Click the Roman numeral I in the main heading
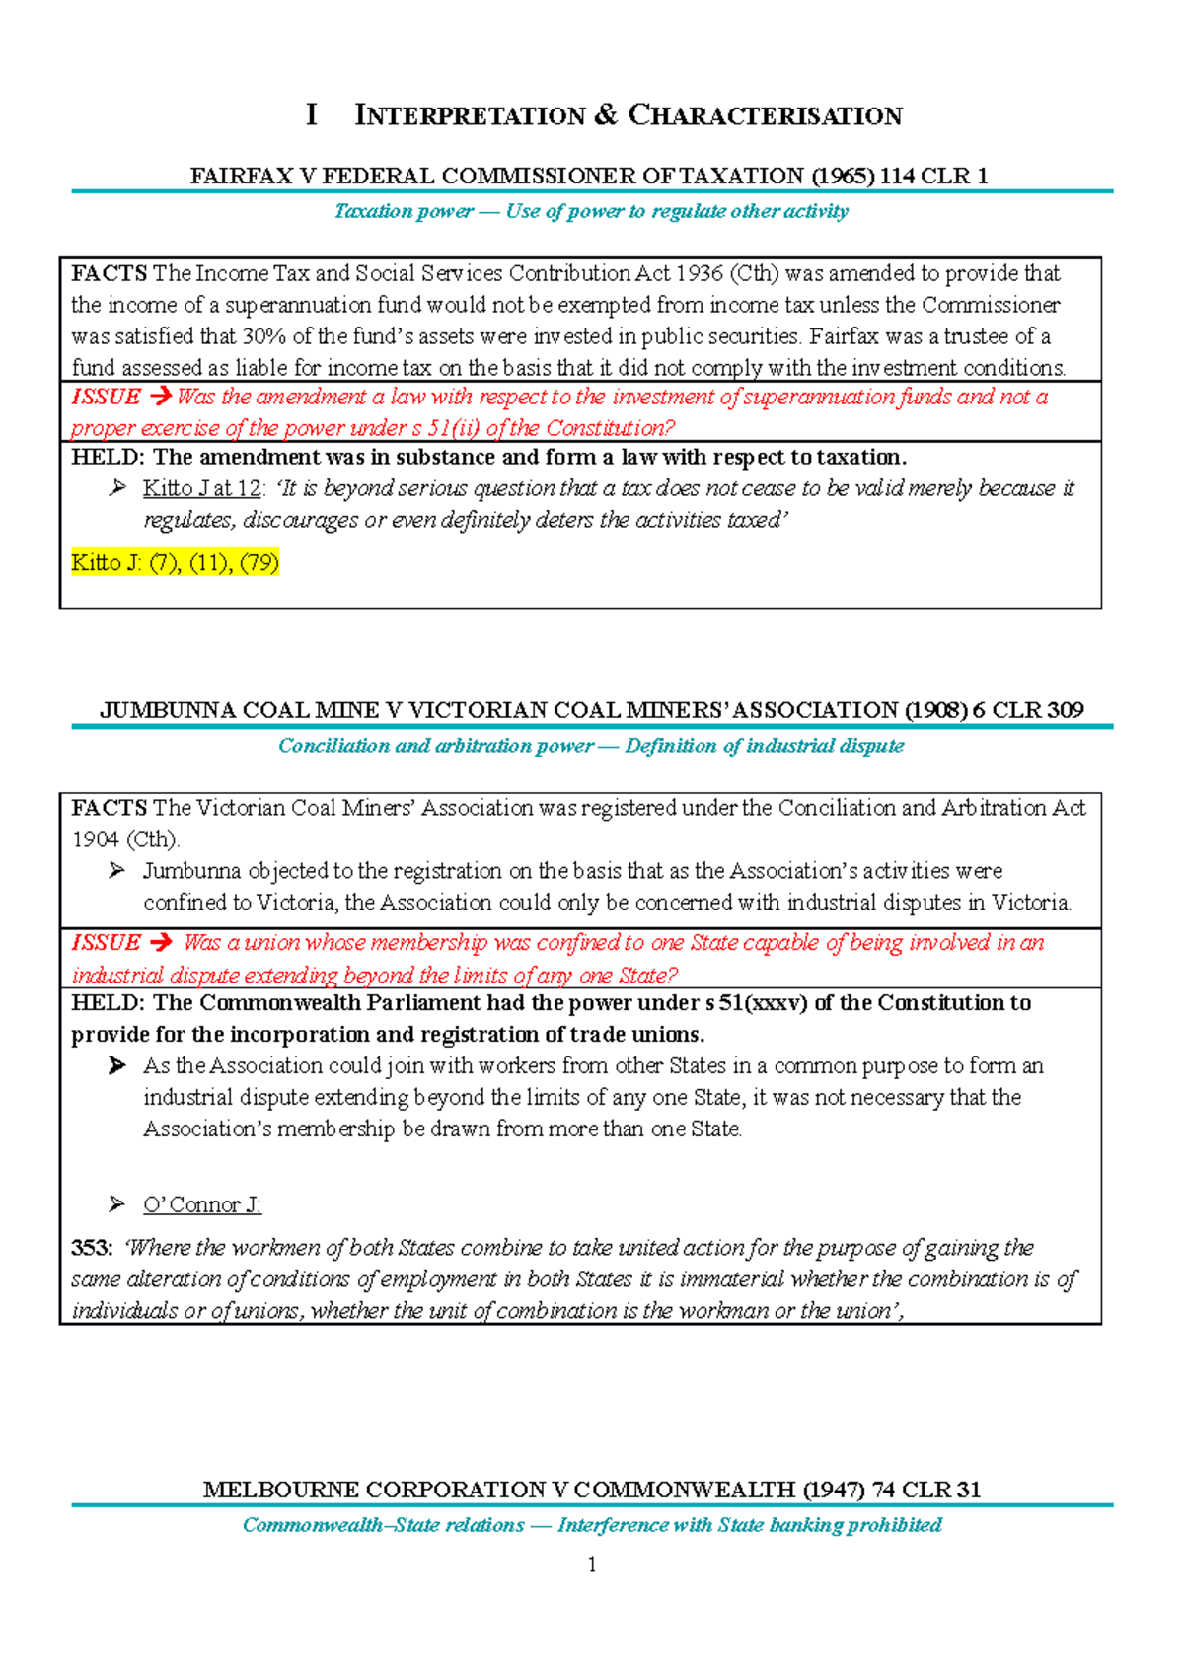[x=312, y=114]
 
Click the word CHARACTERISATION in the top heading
[x=765, y=115]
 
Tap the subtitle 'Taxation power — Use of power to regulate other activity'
[x=591, y=211]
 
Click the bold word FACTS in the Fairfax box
[x=109, y=273]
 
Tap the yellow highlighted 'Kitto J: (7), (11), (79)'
[x=175, y=562]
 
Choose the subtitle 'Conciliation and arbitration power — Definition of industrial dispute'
[x=591, y=746]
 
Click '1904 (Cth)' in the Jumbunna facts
[x=125, y=839]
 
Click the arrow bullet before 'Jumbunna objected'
[x=117, y=870]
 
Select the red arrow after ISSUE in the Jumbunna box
[x=160, y=942]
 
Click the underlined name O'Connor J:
[x=202, y=1204]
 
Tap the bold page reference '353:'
[x=92, y=1248]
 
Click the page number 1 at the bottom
[x=591, y=1565]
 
